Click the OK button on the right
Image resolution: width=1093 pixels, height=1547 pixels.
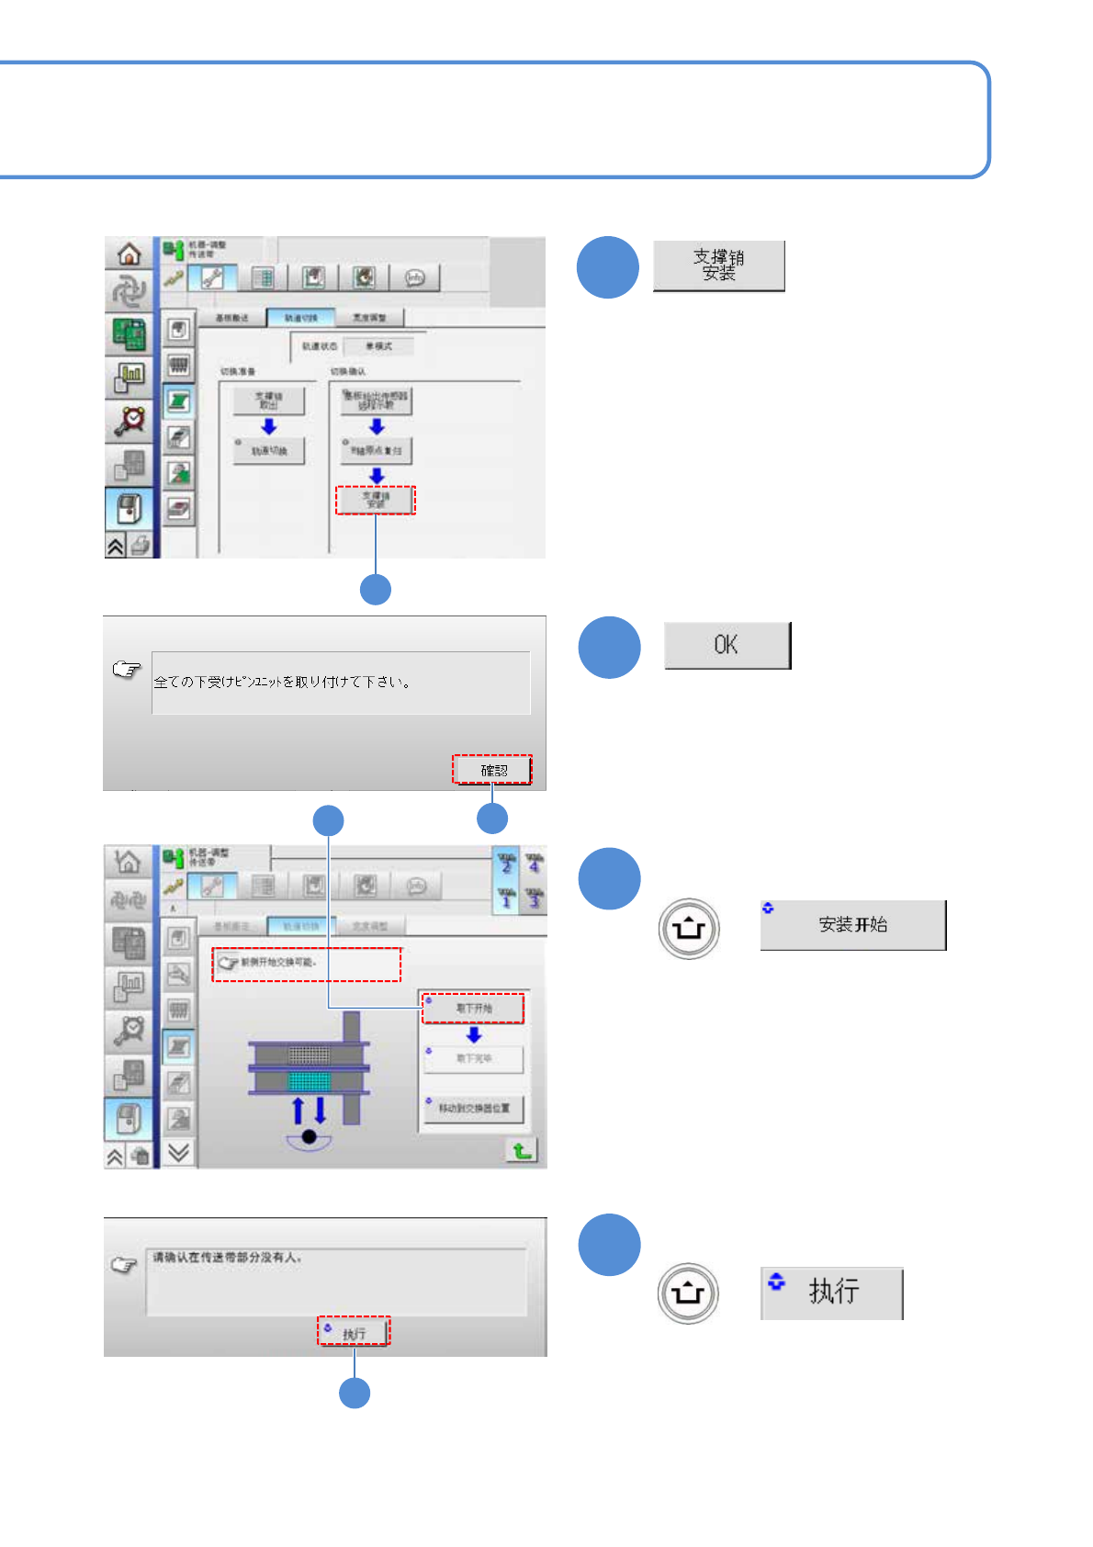tap(727, 645)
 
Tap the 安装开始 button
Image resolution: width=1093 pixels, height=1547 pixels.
tap(852, 925)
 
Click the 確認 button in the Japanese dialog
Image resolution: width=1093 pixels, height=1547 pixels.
tap(492, 770)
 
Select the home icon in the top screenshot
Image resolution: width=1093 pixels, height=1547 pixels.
tap(130, 254)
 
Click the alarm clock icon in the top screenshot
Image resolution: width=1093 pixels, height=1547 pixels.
tap(130, 420)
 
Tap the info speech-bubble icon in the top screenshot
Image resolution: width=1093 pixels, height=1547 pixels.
tap(415, 277)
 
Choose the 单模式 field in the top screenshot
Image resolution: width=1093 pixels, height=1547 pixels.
tap(378, 346)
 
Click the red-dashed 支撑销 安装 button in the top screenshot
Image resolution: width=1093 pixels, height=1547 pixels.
tap(376, 500)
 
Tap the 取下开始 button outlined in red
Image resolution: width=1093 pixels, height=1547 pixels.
tap(473, 1008)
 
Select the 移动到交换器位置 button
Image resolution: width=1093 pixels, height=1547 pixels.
tap(473, 1108)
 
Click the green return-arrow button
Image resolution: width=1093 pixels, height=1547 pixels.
tap(522, 1150)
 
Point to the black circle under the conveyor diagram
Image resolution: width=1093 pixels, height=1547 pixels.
tap(310, 1137)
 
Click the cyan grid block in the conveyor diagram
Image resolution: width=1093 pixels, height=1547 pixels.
tap(309, 1080)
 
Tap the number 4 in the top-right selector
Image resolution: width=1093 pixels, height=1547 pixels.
tap(535, 864)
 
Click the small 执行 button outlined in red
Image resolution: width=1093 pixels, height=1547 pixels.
tap(355, 1332)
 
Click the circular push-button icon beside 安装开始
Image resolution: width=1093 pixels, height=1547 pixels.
tap(689, 929)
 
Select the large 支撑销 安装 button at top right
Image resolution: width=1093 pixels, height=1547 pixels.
tap(718, 265)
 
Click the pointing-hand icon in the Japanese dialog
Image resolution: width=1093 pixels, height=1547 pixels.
tap(127, 669)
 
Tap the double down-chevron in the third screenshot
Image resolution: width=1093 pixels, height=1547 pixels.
tap(179, 1152)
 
